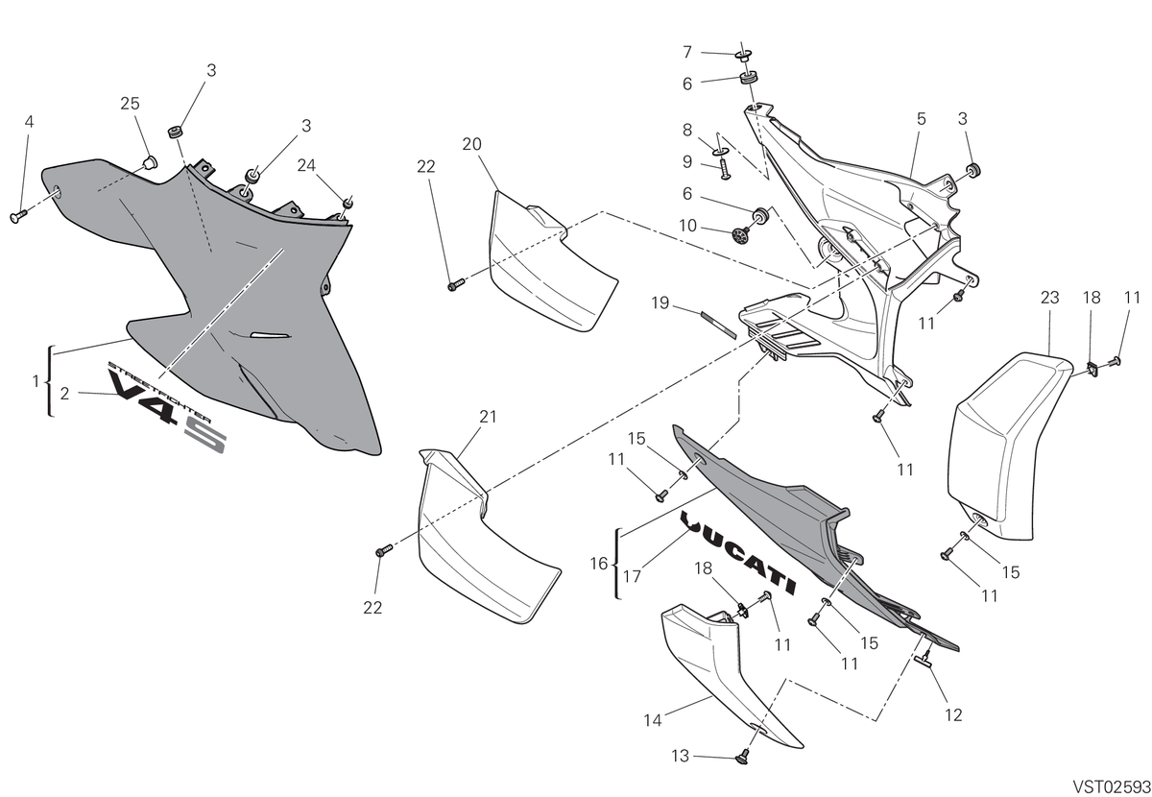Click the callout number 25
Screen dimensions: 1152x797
tap(130, 104)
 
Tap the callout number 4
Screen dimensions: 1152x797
tap(30, 122)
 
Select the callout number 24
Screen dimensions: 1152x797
tap(306, 165)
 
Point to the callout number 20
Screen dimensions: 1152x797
tap(471, 144)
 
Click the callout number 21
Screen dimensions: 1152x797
tap(488, 416)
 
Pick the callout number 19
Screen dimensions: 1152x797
tap(660, 302)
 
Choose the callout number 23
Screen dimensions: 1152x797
tap(1050, 297)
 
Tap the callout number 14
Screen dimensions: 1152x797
tap(653, 720)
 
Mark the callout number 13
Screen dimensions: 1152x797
tap(680, 756)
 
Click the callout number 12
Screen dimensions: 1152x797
tap(953, 714)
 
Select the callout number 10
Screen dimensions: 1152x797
tap(687, 226)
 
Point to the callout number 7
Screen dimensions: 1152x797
tap(687, 52)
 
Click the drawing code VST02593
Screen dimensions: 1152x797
tap(1112, 786)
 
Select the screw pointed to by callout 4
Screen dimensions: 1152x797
tap(18, 217)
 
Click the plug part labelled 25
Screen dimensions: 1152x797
tap(150, 162)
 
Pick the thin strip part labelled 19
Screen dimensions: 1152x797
tap(718, 325)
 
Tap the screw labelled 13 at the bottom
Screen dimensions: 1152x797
tap(742, 758)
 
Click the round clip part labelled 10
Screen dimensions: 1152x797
tap(740, 235)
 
